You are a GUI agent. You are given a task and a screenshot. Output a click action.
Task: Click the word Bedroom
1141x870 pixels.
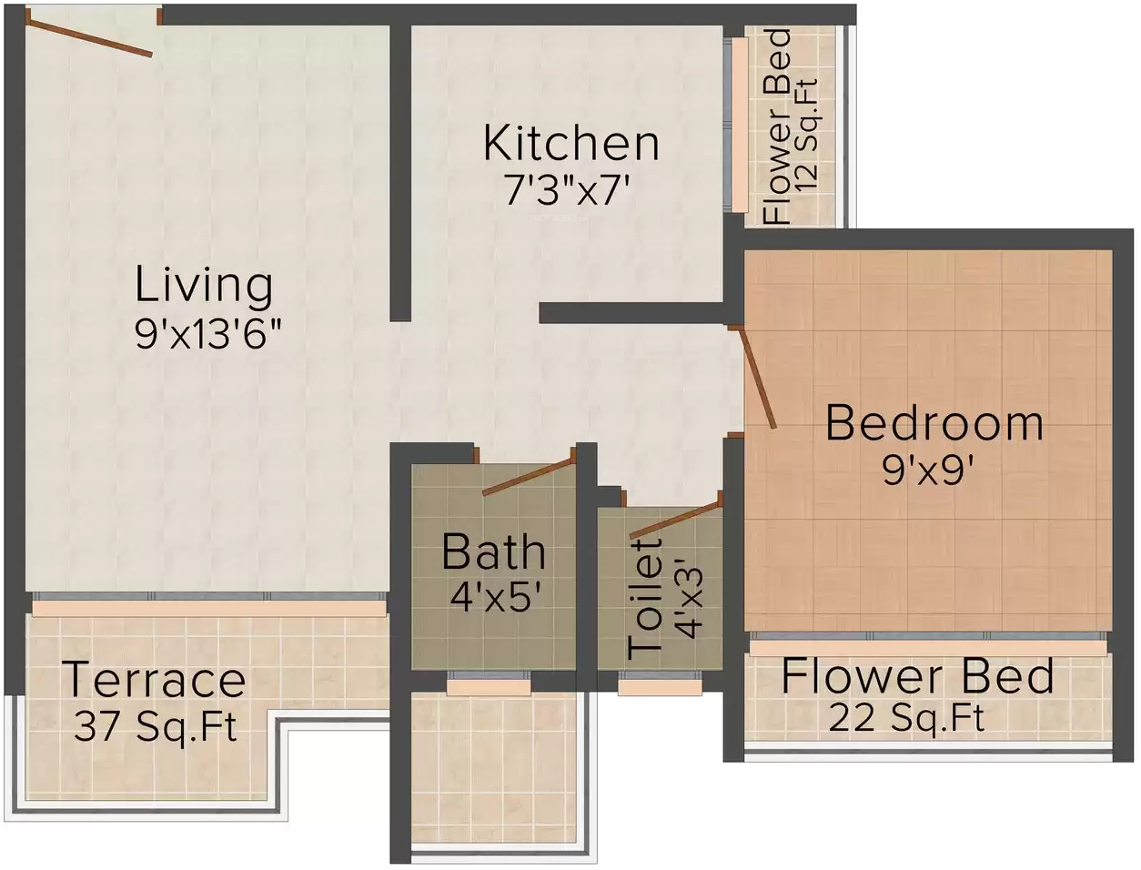pos(934,423)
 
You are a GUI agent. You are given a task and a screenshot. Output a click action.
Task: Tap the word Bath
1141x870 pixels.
pos(493,551)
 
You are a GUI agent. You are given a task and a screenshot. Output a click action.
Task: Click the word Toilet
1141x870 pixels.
pos(645,598)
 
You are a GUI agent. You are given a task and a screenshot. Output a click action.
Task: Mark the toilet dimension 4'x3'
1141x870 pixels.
pos(690,602)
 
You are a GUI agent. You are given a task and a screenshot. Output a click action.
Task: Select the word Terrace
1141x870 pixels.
pos(154,678)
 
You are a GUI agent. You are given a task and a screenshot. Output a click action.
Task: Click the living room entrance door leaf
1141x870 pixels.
pos(88,38)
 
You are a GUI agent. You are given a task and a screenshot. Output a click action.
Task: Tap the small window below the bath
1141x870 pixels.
pos(489,683)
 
